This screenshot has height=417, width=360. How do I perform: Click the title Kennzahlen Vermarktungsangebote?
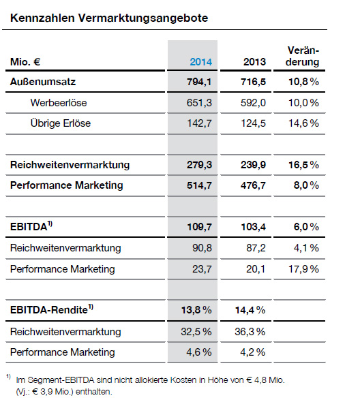point(109,18)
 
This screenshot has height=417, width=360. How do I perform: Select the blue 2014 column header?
point(201,62)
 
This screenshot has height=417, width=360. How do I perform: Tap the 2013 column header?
point(254,62)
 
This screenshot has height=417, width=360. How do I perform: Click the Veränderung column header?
point(303,56)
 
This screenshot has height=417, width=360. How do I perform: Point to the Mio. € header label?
point(25,62)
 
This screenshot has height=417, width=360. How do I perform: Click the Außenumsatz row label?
point(43,82)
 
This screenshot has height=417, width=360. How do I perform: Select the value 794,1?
point(199,82)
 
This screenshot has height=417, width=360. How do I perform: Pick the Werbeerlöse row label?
point(59,103)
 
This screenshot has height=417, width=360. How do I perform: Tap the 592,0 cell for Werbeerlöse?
point(254,103)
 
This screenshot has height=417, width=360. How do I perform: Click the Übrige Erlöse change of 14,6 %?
point(304,123)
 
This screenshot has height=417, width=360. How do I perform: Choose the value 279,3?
point(199,165)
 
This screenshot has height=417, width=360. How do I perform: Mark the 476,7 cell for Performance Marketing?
point(254,185)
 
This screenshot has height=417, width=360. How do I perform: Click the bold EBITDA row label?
point(31,226)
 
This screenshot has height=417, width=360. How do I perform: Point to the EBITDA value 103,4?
point(254,227)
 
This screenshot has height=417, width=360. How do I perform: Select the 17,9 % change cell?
point(304,269)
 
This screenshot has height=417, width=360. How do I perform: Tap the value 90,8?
point(202,248)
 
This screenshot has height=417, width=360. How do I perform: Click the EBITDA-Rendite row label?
point(52,309)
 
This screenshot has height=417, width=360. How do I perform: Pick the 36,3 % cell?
point(250,332)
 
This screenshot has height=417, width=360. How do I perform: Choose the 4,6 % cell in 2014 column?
point(199,352)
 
